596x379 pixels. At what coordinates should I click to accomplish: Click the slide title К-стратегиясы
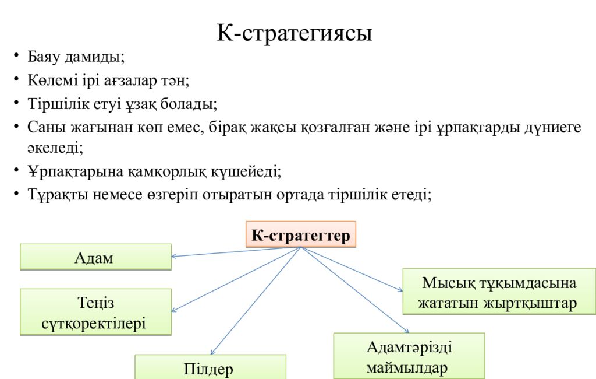point(294,33)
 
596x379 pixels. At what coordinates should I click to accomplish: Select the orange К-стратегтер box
point(301,234)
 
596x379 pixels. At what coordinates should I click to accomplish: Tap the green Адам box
point(96,257)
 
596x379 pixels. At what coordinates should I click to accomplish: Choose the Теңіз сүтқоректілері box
point(96,312)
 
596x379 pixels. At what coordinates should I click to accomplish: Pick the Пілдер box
point(210,367)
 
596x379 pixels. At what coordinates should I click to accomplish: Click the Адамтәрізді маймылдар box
point(409,356)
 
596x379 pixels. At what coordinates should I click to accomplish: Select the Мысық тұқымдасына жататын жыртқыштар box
point(499,292)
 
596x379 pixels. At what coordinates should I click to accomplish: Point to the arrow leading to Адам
point(236,252)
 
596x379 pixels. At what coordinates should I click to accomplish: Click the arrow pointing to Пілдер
point(256,301)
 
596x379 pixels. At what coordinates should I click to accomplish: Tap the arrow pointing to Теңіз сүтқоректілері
point(236,279)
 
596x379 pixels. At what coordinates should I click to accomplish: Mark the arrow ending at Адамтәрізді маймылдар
point(354,290)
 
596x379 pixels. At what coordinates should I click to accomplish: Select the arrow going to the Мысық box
point(352,269)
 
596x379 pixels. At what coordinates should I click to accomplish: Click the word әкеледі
point(55,148)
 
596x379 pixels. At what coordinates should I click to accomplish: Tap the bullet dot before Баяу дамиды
point(16,56)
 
